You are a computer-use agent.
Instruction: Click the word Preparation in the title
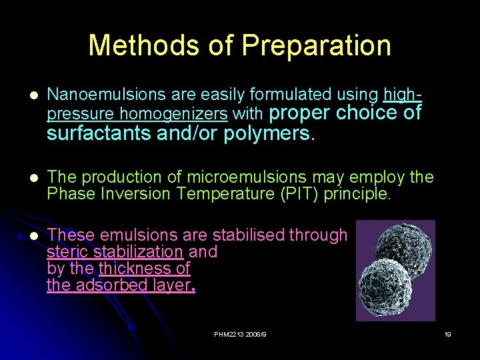click(x=316, y=45)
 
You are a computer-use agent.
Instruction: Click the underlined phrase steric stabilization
click(x=115, y=252)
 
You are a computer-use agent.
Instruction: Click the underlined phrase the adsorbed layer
click(x=119, y=286)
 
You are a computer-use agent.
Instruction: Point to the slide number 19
click(x=447, y=334)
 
